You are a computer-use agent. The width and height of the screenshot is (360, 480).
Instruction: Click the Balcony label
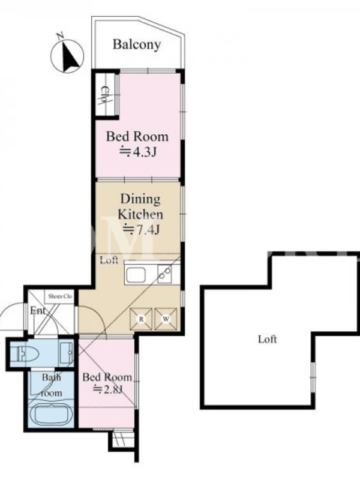[137, 44]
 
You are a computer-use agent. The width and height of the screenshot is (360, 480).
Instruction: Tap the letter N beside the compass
[60, 37]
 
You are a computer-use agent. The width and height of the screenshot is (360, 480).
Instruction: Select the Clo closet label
[105, 95]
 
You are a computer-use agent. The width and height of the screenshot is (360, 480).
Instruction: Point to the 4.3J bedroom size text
[138, 152]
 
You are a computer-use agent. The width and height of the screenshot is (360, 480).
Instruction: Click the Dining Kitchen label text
[140, 206]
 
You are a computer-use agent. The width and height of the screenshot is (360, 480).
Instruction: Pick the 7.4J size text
[141, 230]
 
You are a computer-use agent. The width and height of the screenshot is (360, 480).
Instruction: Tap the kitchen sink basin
[136, 275]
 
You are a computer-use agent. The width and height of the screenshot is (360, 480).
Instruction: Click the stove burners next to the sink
[165, 274]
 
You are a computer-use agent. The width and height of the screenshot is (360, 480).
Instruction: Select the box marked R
[141, 319]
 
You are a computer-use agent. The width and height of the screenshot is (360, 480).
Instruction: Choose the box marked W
[166, 319]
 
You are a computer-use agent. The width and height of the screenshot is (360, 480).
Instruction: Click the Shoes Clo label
[60, 296]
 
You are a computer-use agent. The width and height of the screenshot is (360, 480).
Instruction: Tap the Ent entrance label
[38, 311]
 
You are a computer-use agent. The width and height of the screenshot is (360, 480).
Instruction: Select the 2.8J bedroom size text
[108, 389]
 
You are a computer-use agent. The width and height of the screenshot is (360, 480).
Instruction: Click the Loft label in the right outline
[267, 339]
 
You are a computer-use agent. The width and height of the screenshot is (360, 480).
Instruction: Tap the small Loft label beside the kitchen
[109, 260]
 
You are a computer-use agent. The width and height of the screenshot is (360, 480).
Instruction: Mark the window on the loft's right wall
[313, 377]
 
